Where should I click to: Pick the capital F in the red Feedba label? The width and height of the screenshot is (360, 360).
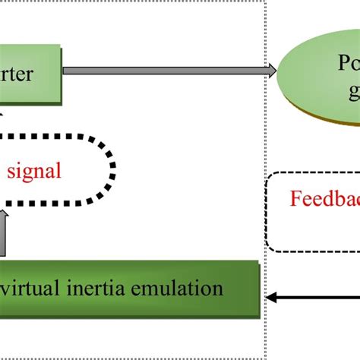coord(295,198)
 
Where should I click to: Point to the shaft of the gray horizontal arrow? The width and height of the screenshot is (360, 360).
coord(167,71)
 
